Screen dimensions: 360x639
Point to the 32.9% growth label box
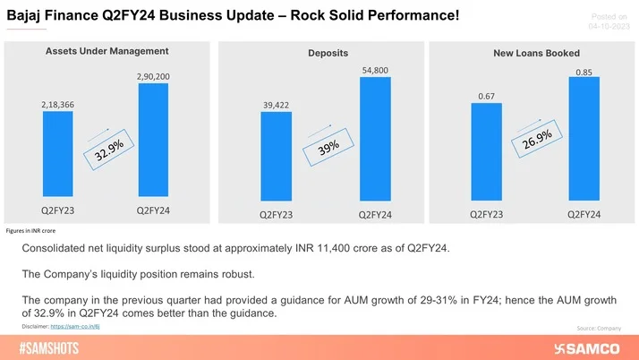[x=109, y=150]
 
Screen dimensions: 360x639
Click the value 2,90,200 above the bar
[x=153, y=77]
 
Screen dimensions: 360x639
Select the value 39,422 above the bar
[x=276, y=105]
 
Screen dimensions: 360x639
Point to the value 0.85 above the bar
[x=583, y=73]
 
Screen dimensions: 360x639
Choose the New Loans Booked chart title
[x=536, y=54]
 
